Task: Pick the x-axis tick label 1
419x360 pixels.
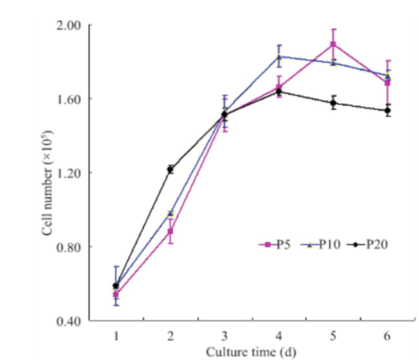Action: [116, 335]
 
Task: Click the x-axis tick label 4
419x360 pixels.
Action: [279, 335]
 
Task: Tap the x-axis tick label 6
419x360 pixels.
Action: [388, 335]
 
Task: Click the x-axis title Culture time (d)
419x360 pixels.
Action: [251, 352]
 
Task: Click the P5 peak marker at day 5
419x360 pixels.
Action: [333, 44]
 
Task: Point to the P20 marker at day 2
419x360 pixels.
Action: [170, 169]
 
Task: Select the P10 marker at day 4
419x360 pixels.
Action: [279, 56]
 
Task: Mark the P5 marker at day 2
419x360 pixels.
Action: [170, 231]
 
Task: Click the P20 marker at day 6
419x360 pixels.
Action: [388, 111]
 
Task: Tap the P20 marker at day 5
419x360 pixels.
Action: [333, 103]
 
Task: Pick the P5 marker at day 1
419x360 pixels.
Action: [116, 295]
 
